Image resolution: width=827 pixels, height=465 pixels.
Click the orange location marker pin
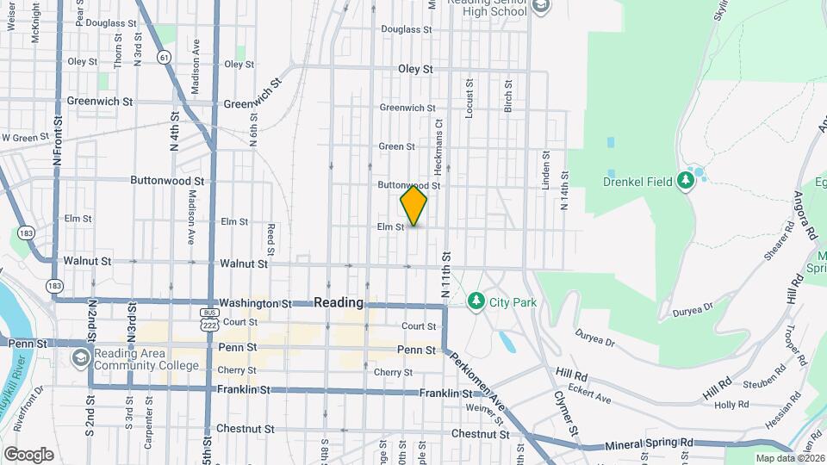click(x=413, y=206)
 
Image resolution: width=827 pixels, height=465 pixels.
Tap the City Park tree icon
click(x=475, y=301)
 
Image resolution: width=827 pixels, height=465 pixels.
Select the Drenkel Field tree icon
click(x=686, y=180)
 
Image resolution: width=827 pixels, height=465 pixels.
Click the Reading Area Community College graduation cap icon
click(x=80, y=357)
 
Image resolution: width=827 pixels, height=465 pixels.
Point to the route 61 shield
click(x=163, y=57)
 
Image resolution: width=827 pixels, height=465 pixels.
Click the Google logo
click(x=28, y=455)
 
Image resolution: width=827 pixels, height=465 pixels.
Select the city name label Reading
click(x=339, y=303)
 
